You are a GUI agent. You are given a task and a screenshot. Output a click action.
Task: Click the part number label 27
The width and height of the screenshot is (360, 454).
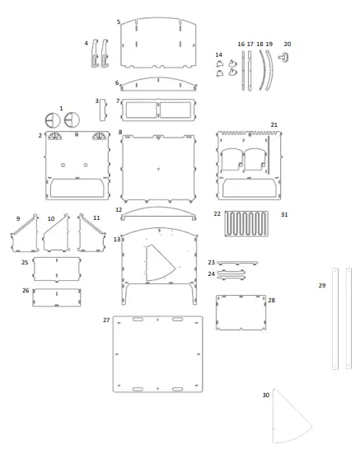coord(106,320)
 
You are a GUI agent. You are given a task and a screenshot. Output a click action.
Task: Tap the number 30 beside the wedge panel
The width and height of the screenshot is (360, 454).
coord(265,395)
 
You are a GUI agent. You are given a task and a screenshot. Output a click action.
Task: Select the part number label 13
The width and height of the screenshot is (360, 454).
coord(117,240)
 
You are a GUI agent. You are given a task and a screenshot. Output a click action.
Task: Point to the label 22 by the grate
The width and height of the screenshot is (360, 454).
coord(217,213)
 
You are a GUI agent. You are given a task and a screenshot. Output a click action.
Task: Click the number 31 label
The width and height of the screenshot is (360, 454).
coord(284,214)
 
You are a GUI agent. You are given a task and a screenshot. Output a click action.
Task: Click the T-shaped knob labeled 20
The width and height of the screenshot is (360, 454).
coord(284,57)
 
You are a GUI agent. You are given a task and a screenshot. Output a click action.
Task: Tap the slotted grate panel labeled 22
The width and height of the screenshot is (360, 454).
coord(246,223)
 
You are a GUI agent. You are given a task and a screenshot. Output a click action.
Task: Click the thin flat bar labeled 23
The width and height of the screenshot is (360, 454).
coord(237,263)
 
